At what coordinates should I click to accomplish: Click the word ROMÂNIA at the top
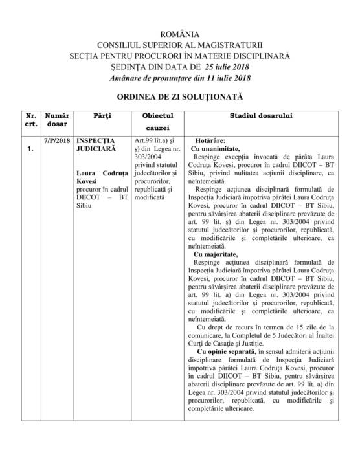click(179, 33)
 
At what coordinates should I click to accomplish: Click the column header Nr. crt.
click(30, 119)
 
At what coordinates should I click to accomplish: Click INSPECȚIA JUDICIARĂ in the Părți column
click(95, 144)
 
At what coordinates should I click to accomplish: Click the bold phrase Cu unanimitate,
click(219, 148)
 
